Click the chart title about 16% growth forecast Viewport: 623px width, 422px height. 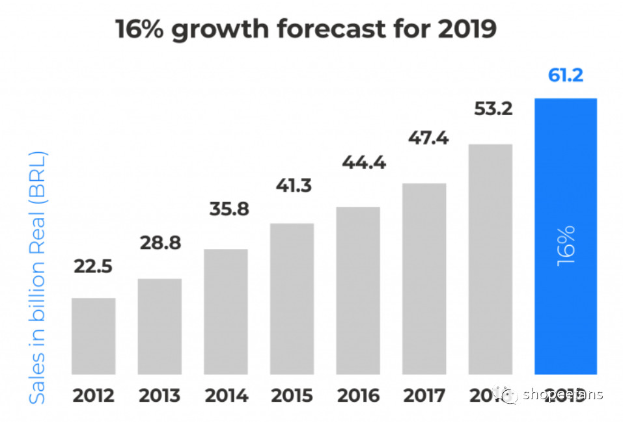tap(305, 30)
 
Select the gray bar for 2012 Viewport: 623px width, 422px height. tap(94, 336)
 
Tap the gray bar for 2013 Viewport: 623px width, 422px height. tap(159, 326)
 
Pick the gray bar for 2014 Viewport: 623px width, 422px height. tap(226, 311)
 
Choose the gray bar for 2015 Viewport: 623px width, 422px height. tap(292, 298)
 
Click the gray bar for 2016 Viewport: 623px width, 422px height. tap(358, 291)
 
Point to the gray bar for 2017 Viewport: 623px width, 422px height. tap(424, 279)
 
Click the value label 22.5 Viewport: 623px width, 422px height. tap(94, 267)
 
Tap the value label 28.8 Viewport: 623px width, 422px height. tap(160, 244)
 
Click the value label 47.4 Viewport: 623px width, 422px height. tap(428, 138)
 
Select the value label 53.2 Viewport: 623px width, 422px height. tap(492, 109)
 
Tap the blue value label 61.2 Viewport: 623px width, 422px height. tap(565, 75)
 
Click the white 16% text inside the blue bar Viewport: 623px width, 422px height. tap(566, 246)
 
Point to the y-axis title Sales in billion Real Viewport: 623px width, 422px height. tap(38, 278)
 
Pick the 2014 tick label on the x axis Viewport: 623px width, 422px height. tap(226, 395)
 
